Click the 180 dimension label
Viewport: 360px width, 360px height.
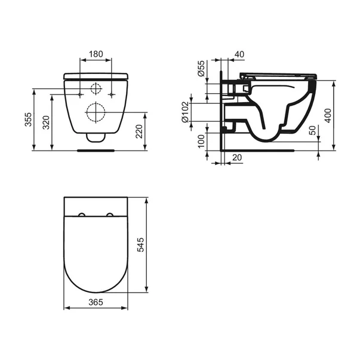pyautogui.click(x=96, y=54)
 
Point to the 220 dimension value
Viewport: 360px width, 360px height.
pyautogui.click(x=139, y=131)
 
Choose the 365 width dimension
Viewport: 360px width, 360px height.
pyautogui.click(x=96, y=302)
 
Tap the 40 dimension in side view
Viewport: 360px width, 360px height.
pyautogui.click(x=239, y=54)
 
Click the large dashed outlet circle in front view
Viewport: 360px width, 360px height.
pyautogui.click(x=96, y=112)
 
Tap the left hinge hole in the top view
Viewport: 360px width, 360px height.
pyautogui.click(x=81, y=214)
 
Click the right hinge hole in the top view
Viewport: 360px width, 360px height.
pyautogui.click(x=110, y=214)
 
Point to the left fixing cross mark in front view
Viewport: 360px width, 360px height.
pyautogui.click(x=80, y=94)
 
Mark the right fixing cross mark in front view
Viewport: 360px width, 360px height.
pyautogui.click(x=112, y=94)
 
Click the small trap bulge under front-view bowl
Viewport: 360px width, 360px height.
pyautogui.click(x=96, y=139)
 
